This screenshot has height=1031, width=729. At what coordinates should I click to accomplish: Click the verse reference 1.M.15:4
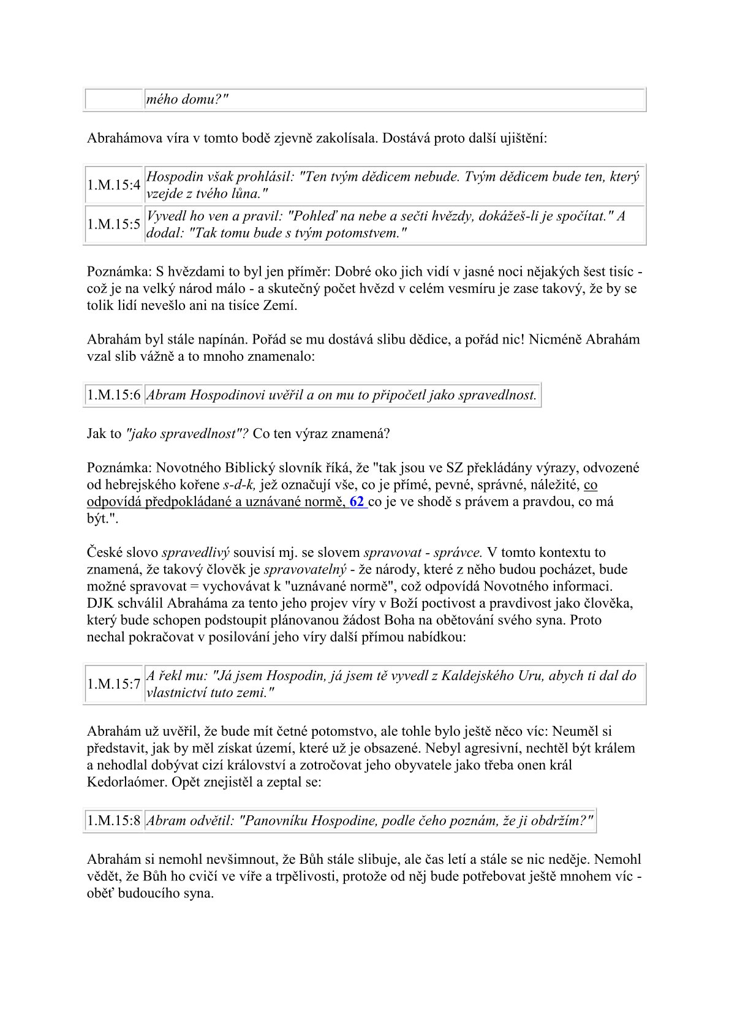point(114,185)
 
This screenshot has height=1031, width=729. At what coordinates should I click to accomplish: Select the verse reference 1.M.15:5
point(114,224)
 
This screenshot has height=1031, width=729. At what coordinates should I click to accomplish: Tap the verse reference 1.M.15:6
point(114,395)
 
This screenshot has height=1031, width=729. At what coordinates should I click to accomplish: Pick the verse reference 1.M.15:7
point(114,684)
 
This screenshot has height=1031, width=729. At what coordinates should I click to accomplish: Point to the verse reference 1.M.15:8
point(114,821)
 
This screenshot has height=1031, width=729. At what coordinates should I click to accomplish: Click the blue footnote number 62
point(357,502)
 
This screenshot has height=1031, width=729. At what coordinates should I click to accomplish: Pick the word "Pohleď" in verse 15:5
point(317,216)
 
